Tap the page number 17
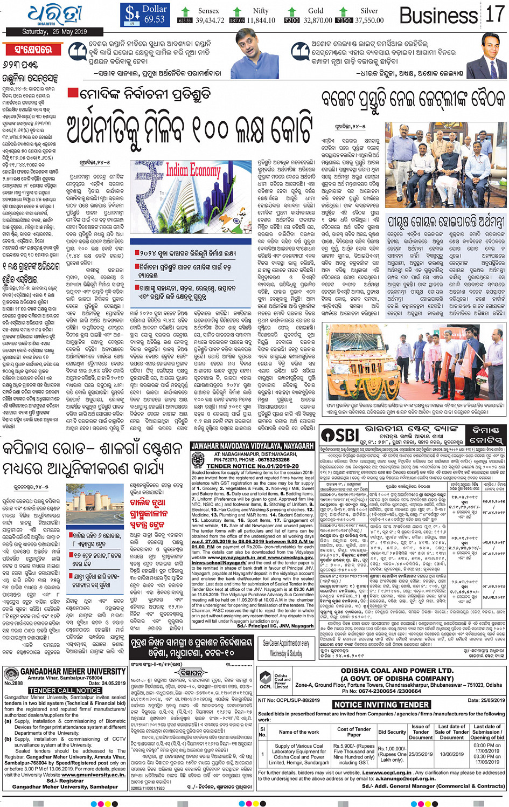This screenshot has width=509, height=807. coord(494,15)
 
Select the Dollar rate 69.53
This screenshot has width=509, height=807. coord(154,19)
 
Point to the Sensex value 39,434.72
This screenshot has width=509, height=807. coord(210,20)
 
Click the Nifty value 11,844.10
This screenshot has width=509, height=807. coord(261,20)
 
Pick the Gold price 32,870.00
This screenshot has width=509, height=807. coord(318,20)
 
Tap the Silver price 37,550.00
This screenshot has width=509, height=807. coord(369,20)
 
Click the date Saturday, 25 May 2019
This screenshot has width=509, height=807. coord(54,32)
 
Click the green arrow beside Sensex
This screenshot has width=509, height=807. coord(186,11)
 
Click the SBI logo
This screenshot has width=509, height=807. coord(340,436)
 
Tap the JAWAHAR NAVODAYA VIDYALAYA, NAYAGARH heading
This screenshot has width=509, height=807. coord(253,446)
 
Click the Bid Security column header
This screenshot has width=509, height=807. coord(392,732)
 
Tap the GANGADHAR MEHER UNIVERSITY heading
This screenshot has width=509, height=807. coord(73,672)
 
